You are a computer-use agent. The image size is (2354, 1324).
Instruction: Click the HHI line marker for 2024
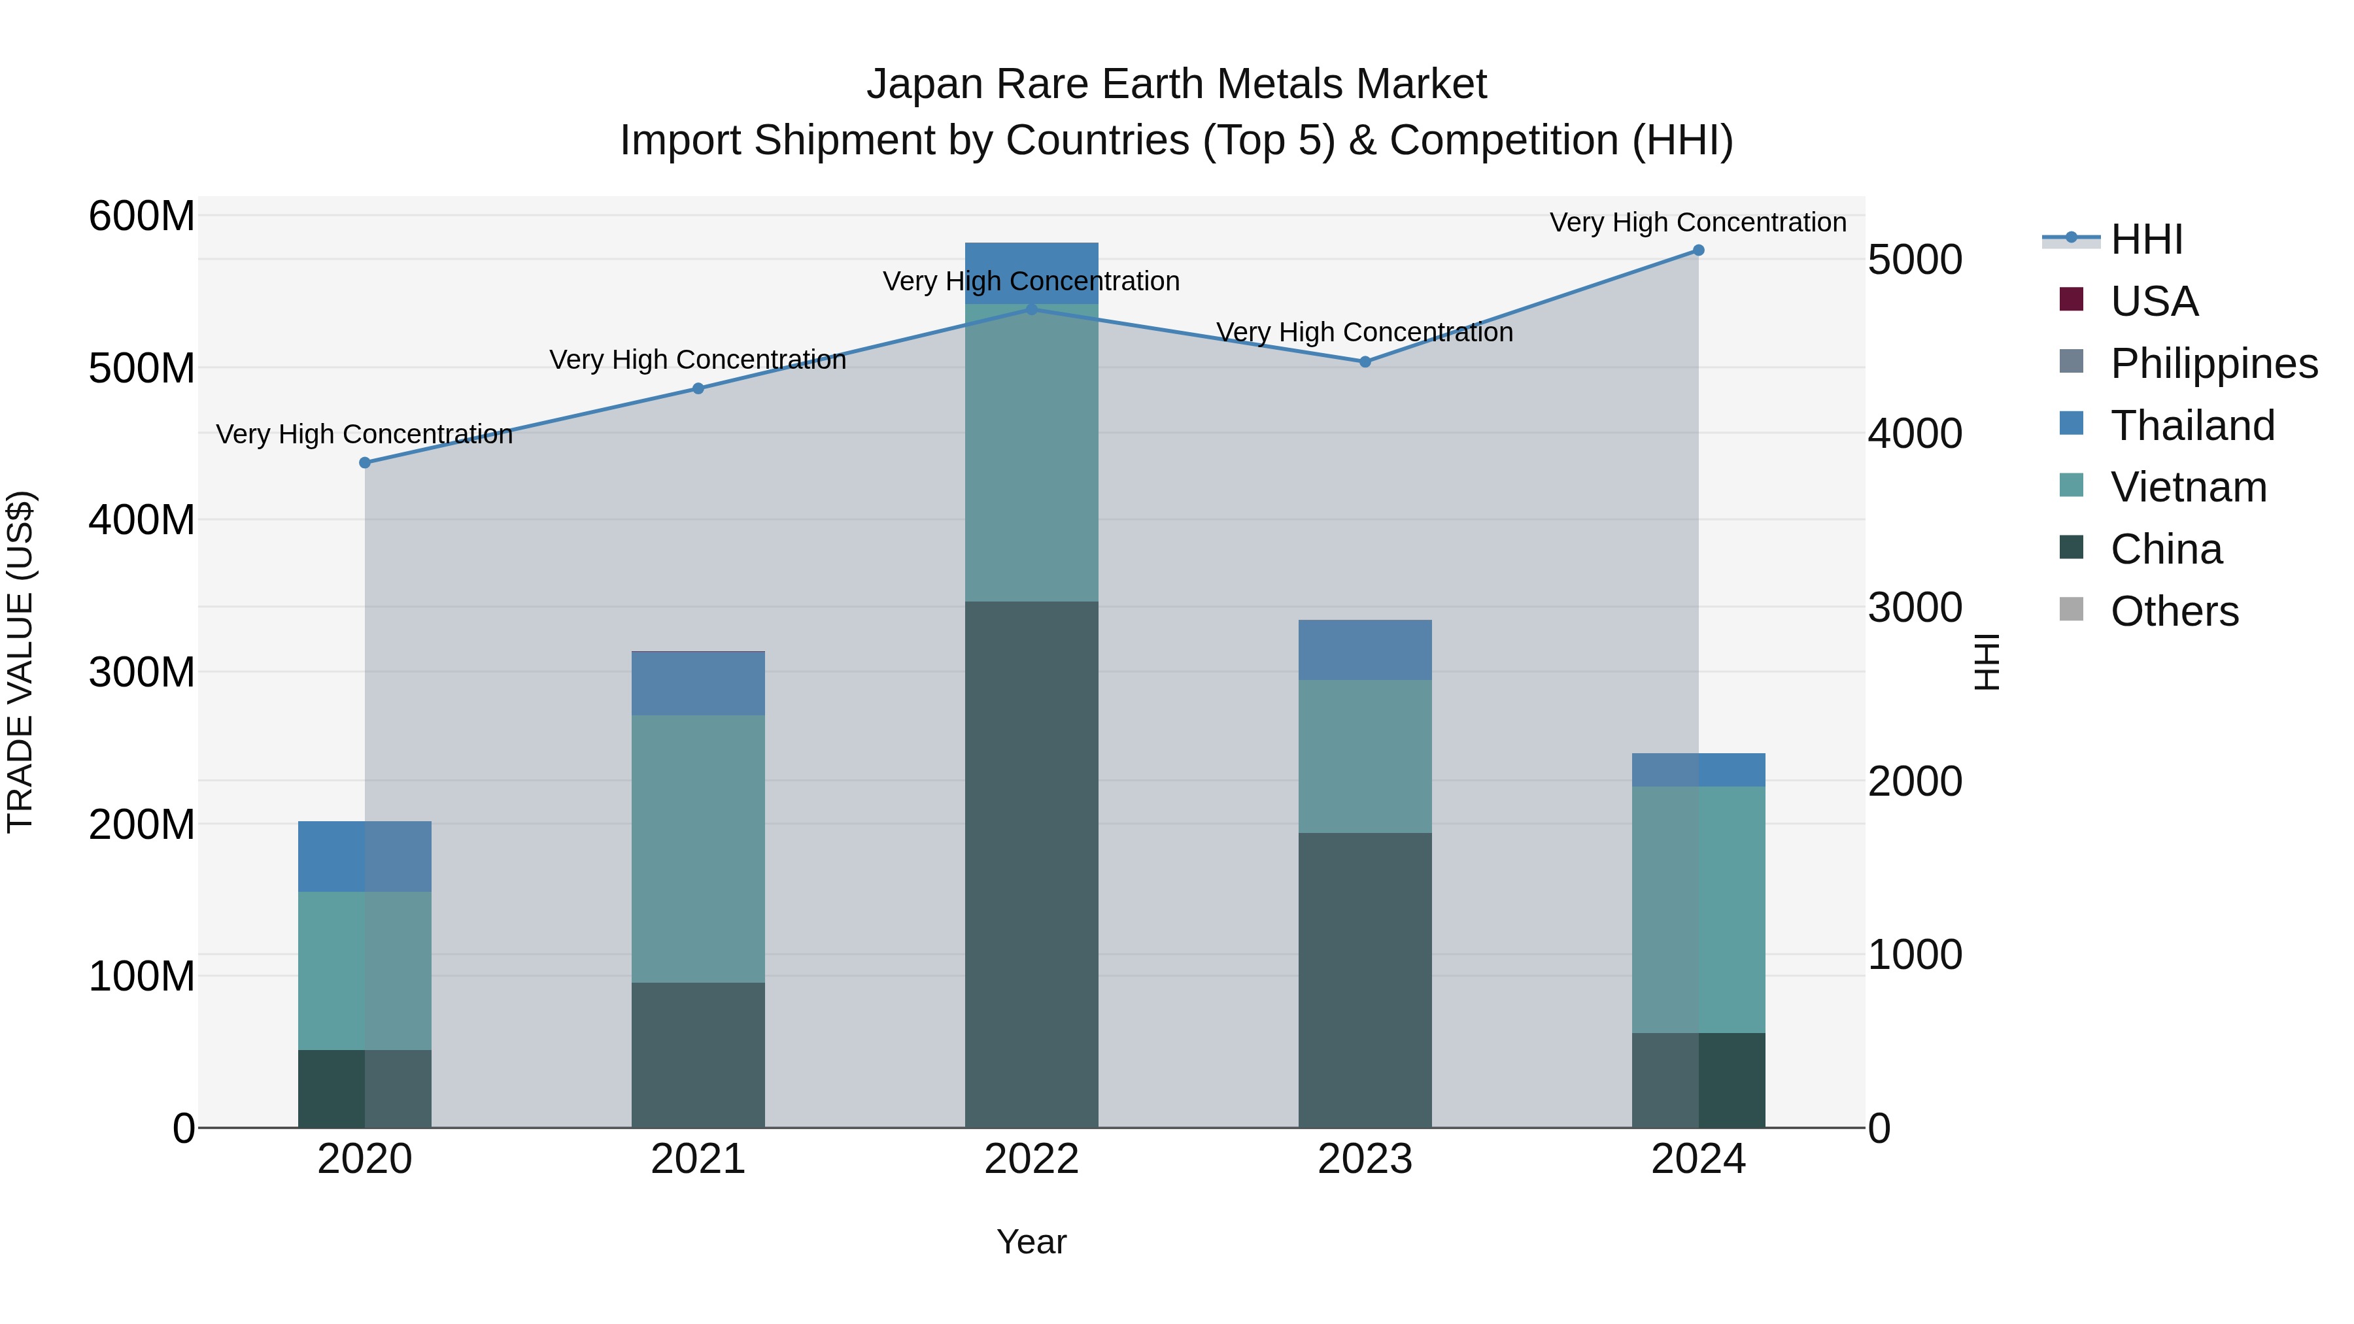1698,250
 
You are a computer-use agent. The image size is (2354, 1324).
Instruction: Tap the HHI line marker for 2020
365,462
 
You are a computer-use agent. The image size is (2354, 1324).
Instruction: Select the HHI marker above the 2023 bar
1364,362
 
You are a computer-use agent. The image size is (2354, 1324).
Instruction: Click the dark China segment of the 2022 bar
1031,864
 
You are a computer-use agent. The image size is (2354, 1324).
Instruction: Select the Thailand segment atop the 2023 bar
1364,650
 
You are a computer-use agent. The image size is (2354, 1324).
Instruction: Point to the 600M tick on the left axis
142,216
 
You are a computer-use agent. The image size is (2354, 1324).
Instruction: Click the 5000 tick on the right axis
1913,260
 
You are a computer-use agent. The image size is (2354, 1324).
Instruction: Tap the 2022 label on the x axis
1031,1159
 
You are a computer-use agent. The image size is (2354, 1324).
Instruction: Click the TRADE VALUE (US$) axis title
20,662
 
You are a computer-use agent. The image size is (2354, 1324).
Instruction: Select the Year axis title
1031,1242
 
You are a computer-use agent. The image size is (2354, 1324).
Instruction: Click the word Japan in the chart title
924,84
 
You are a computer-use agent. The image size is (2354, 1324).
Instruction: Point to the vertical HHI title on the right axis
1986,662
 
